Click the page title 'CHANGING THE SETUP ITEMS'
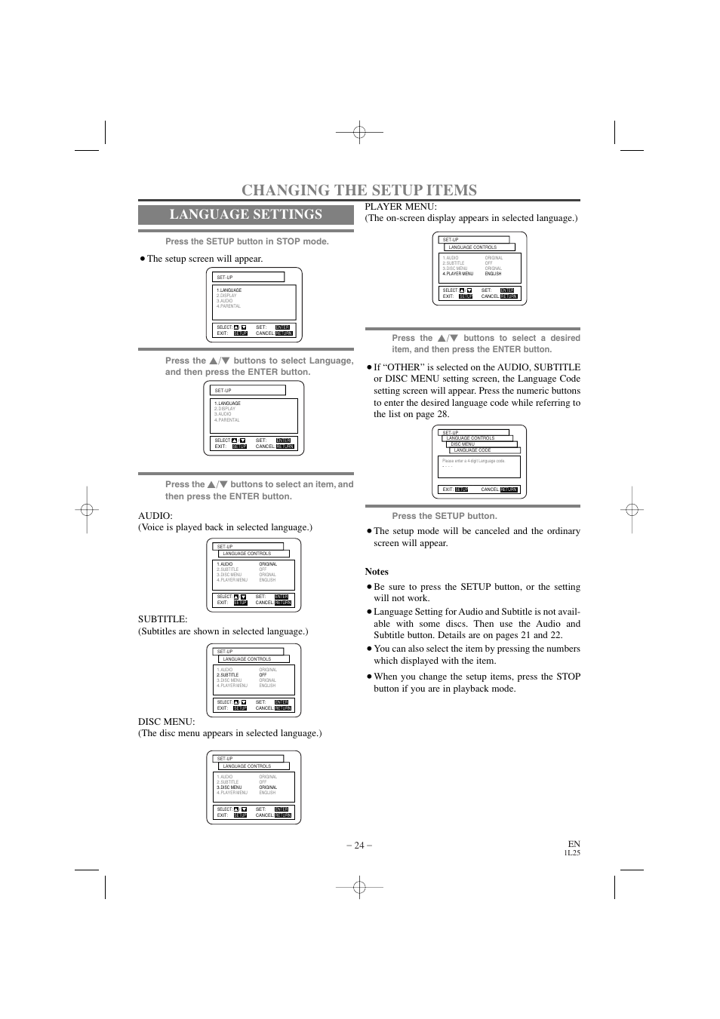[x=359, y=190]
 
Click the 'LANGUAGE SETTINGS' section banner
[x=245, y=214]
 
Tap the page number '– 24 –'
[x=359, y=845]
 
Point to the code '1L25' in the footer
[x=572, y=853]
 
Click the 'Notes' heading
[x=377, y=572]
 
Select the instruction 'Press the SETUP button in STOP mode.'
[x=247, y=241]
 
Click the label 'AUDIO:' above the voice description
[x=155, y=516]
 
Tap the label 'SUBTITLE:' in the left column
[x=162, y=619]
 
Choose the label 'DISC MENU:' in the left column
[x=166, y=722]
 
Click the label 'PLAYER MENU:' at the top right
[x=401, y=207]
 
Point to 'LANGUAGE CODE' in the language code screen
[x=472, y=450]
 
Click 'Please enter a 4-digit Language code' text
[x=473, y=461]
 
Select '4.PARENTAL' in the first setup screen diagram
[x=229, y=306]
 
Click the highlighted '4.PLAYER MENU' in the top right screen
[x=458, y=274]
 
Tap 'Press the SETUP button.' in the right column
[x=445, y=516]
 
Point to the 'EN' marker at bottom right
[x=574, y=844]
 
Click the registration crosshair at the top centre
[x=360, y=134]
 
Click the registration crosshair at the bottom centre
[x=360, y=888]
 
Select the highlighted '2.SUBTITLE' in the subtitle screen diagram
[x=228, y=675]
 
